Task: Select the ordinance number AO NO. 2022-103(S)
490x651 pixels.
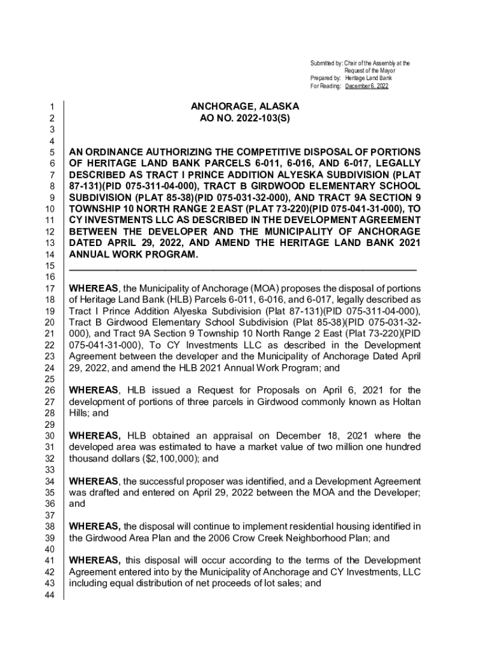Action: [x=245, y=119]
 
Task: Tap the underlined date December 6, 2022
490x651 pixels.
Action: [x=367, y=86]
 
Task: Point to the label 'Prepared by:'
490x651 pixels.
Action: [x=326, y=78]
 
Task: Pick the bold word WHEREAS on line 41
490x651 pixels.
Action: [x=95, y=560]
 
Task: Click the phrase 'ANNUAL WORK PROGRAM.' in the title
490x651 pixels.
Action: [x=134, y=255]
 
